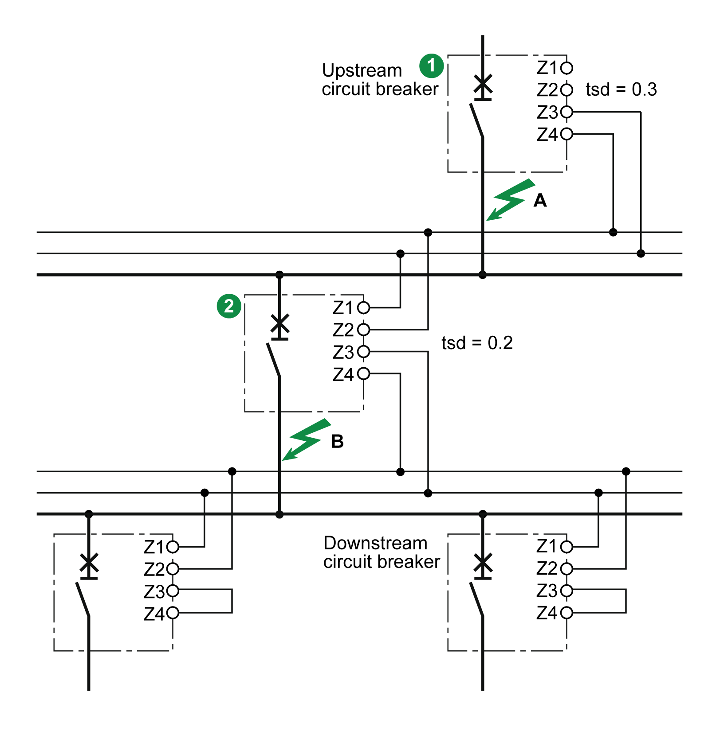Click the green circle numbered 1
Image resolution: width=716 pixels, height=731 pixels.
click(431, 66)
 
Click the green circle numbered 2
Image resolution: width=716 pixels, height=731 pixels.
click(229, 306)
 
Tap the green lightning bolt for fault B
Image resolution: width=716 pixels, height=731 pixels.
click(307, 439)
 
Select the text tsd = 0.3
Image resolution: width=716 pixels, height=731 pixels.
click(621, 89)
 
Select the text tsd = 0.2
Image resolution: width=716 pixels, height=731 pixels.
click(477, 343)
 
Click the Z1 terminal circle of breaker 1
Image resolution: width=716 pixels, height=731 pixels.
click(567, 68)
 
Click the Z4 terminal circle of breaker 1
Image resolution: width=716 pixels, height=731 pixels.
click(567, 134)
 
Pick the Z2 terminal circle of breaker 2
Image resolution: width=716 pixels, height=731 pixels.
click(363, 330)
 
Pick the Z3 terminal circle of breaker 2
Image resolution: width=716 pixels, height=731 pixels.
click(363, 352)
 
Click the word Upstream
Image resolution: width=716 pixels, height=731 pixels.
click(362, 70)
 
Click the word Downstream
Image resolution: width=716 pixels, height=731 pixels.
click(375, 543)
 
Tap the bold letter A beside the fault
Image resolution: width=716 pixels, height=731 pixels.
click(540, 201)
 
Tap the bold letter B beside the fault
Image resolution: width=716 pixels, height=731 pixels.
click(337, 441)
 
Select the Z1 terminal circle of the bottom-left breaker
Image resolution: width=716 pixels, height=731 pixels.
click(173, 547)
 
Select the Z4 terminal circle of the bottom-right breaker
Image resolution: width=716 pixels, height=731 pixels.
click(567, 613)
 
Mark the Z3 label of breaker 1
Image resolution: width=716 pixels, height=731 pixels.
click(547, 113)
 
